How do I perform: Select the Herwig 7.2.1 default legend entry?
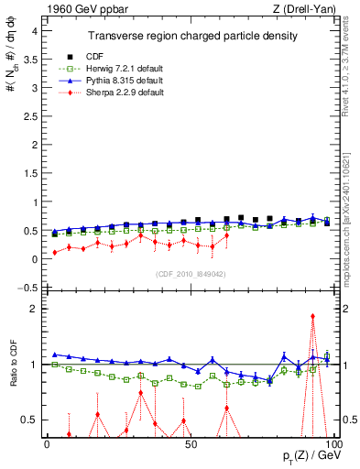coord(118,69)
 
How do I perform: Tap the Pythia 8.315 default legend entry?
coord(118,81)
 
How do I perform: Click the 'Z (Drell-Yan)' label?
coord(303,9)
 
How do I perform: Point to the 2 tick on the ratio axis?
coord(34,309)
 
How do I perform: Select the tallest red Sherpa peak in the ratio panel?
coord(313,316)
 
